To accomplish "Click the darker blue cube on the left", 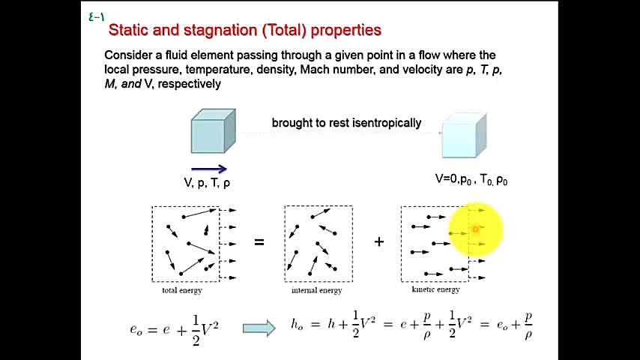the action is pos(213,130).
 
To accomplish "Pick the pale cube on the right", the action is pos(464,135).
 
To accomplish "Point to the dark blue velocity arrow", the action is pos(208,169).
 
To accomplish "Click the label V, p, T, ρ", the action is pos(207,183).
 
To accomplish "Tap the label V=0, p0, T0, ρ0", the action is pos(471,179).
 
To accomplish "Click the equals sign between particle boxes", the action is pos(259,242).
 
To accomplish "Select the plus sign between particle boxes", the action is pos(379,242).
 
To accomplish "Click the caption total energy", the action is pos(182,290).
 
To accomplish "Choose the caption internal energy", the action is pos(317,290).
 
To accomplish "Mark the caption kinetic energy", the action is pos(436,289).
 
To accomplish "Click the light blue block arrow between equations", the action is pos(259,328).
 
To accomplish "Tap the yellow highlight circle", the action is pos(476,229).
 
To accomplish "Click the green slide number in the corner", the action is pos(97,17).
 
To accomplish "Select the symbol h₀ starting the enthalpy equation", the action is pos(297,325).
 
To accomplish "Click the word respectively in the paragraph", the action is pos(190,84).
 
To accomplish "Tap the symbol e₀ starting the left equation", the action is pos(136,329).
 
